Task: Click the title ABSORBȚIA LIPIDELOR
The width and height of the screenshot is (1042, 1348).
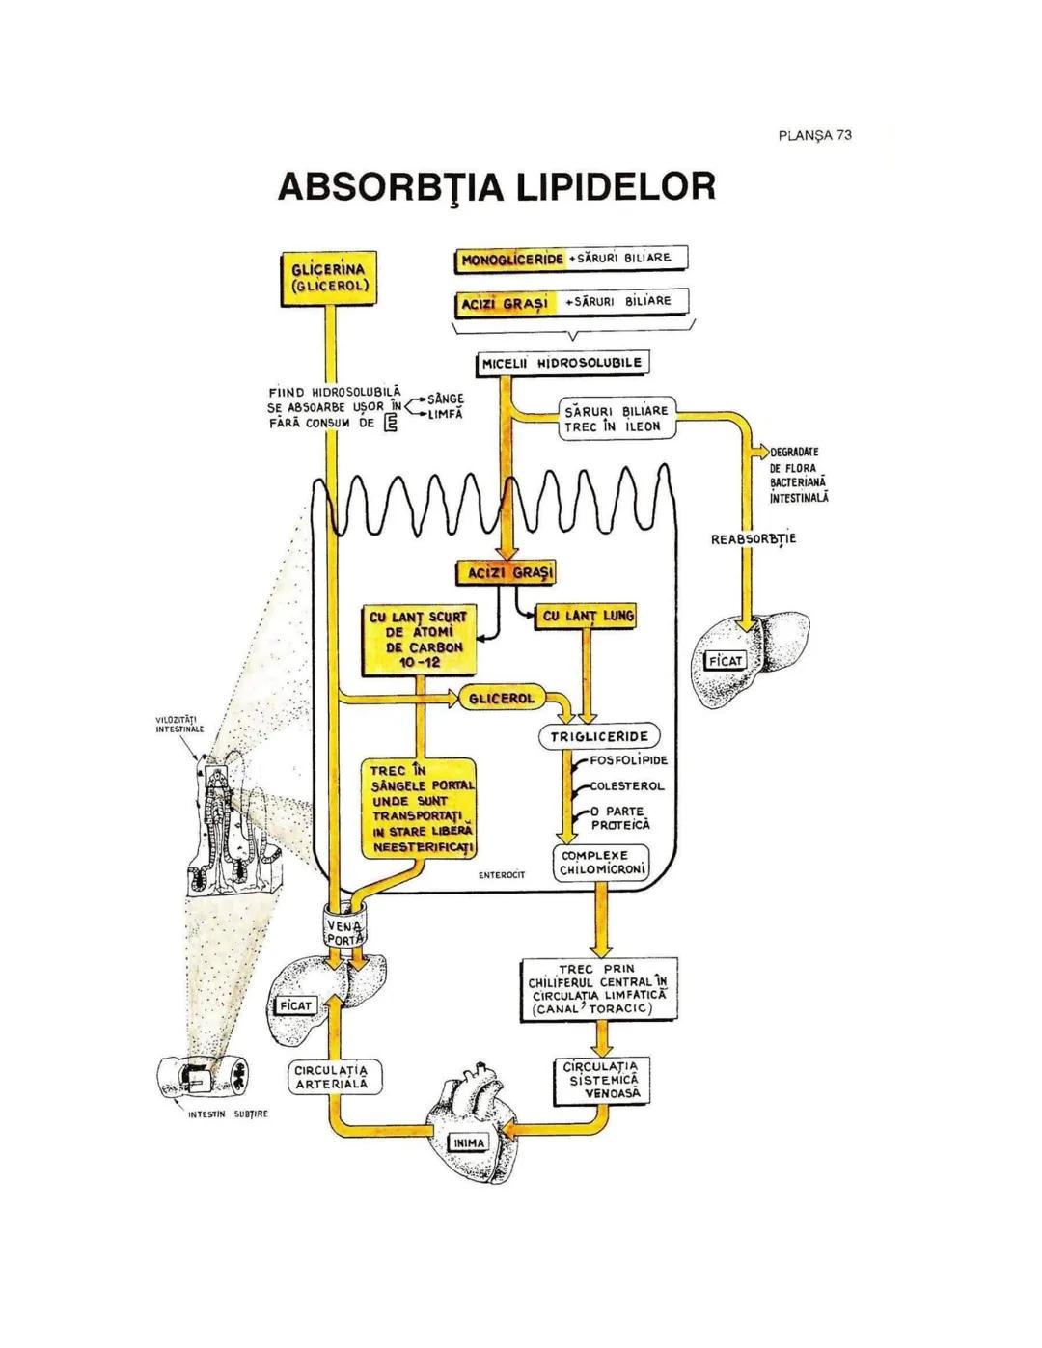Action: [497, 187]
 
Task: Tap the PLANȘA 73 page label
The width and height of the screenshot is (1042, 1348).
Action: [814, 135]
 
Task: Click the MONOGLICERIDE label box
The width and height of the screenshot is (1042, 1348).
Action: [511, 260]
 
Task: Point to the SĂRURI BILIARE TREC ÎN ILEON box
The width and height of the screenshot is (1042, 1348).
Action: [616, 419]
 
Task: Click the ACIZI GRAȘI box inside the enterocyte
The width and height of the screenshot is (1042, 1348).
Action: [507, 573]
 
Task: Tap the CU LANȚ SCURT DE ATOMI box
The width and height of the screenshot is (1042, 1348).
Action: [418, 640]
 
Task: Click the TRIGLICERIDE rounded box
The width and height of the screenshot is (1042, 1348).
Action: [599, 737]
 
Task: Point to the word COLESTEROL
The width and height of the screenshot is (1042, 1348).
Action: [627, 786]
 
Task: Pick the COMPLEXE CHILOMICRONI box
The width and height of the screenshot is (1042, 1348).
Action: [601, 863]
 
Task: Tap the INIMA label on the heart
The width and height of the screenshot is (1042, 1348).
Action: [469, 1142]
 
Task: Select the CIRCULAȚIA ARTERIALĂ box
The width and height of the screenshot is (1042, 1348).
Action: [335, 1078]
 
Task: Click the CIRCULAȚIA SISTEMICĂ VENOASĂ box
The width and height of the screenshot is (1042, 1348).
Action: [603, 1081]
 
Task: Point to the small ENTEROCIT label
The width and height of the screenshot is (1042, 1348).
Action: [502, 875]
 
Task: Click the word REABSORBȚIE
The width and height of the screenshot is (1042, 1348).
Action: [754, 538]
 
